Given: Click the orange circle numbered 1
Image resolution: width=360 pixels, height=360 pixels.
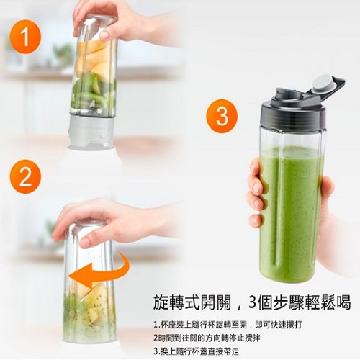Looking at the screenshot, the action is pyautogui.click(x=25, y=37).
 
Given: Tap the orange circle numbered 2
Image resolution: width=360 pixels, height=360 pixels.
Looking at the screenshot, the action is pyautogui.click(x=25, y=177).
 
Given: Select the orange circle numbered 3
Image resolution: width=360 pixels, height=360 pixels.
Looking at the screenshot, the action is pyautogui.click(x=222, y=116).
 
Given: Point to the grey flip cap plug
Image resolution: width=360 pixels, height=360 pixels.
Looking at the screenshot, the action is pyautogui.click(x=323, y=84).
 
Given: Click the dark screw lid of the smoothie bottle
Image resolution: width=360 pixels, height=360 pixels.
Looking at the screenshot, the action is pyautogui.click(x=293, y=113).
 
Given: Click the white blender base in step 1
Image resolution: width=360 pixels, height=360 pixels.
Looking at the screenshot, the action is pyautogui.click(x=91, y=132).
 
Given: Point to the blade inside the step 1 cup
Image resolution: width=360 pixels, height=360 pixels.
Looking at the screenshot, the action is pyautogui.click(x=91, y=107).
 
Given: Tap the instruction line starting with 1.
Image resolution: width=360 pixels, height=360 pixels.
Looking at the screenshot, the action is pyautogui.click(x=228, y=325).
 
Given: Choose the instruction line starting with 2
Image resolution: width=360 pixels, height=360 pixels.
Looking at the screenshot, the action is pyautogui.click(x=207, y=338).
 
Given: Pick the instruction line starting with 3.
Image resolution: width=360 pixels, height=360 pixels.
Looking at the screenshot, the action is pyautogui.click(x=196, y=351).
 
